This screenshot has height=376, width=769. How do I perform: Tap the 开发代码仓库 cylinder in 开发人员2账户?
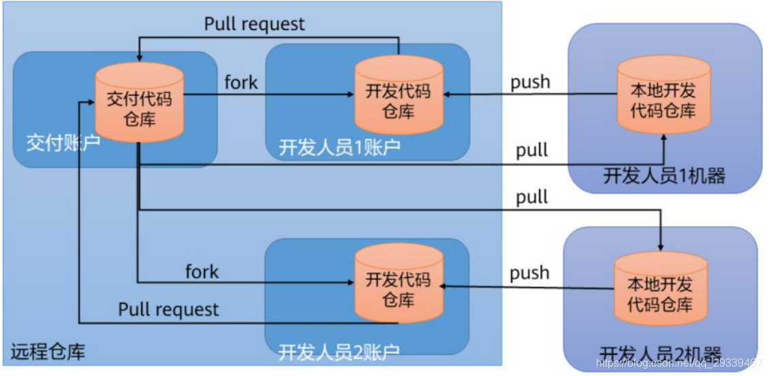pos(398,288)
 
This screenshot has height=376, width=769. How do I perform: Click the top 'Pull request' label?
pos(255,24)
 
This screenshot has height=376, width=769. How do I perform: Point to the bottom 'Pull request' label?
pos(169,309)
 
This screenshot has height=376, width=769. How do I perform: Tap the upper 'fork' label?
pos(241,83)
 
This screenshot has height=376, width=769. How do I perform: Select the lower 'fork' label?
pos(202,272)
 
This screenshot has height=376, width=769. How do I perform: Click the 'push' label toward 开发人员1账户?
pos(530,82)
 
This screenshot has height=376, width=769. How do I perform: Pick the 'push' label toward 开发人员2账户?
pos(529,272)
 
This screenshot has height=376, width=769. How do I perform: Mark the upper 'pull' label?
pos(531,150)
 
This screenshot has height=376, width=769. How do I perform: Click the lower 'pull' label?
pos(531,198)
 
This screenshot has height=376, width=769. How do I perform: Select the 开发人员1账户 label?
pos(339,148)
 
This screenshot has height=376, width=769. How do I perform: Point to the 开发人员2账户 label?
pos(339,352)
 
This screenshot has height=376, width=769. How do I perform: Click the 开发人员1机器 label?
pos(664,176)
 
